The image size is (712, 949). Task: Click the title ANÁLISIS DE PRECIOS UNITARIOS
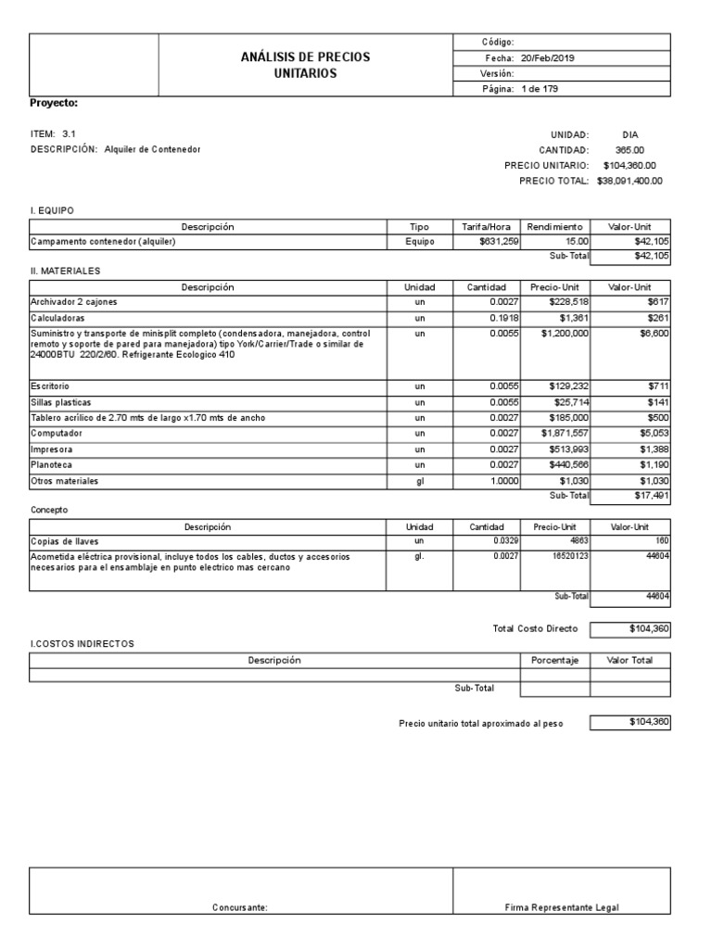pyautogui.click(x=305, y=65)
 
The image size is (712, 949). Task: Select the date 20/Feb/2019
pyautogui.click(x=547, y=57)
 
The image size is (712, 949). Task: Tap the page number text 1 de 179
pyautogui.click(x=540, y=89)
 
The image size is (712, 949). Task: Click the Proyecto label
pyautogui.click(x=54, y=103)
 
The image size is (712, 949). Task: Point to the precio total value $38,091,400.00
pyautogui.click(x=629, y=181)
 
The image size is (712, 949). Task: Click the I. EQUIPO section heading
pyautogui.click(x=53, y=211)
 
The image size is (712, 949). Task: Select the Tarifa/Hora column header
pyautogui.click(x=487, y=227)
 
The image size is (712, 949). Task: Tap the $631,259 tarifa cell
pyautogui.click(x=498, y=242)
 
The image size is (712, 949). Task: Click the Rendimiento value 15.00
pyautogui.click(x=571, y=242)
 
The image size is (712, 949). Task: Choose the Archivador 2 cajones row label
pyautogui.click(x=74, y=302)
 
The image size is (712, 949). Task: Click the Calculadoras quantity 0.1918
pyautogui.click(x=503, y=318)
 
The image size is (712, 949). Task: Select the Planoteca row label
pyautogui.click(x=53, y=465)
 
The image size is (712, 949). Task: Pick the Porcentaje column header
pyautogui.click(x=554, y=660)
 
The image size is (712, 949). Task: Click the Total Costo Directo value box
pyautogui.click(x=630, y=629)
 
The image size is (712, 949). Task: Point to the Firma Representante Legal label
pyautogui.click(x=562, y=907)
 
